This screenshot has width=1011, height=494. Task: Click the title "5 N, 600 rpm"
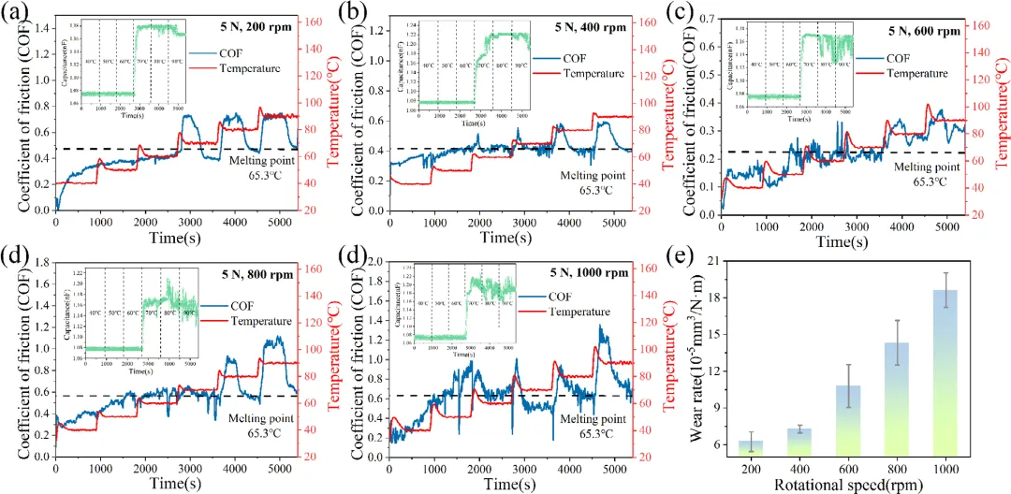(925, 30)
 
